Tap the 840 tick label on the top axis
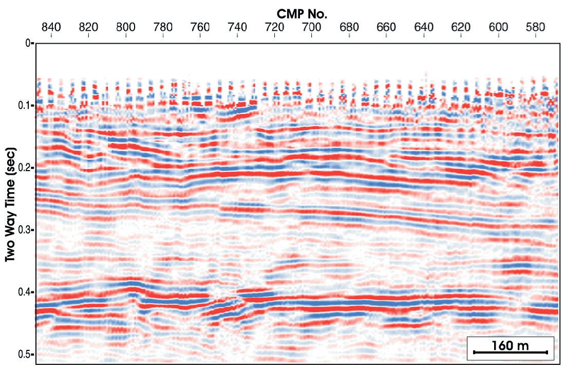tap(51, 28)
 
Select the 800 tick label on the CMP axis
tap(126, 28)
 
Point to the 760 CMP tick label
tap(200, 28)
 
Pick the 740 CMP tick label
tap(237, 28)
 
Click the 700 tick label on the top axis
tap(312, 28)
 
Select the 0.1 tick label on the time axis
tap(24, 106)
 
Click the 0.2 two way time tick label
tap(24, 168)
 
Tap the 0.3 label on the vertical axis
tap(24, 230)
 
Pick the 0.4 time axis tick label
tap(24, 292)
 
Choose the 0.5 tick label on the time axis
tap(24, 355)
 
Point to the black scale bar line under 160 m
tap(510, 352)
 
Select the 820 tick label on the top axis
tap(89, 28)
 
